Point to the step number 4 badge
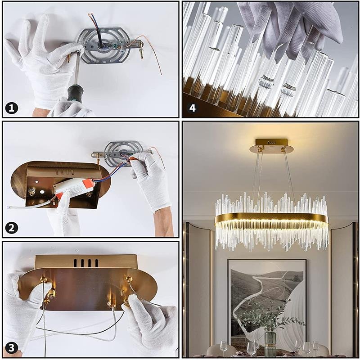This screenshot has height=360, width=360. [x=193, y=108]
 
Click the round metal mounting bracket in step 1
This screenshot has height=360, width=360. [x=103, y=45]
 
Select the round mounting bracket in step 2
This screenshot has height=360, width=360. [x=121, y=152]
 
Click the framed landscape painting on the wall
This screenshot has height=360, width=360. [x=267, y=306]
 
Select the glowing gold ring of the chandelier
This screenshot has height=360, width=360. [x=272, y=220]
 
